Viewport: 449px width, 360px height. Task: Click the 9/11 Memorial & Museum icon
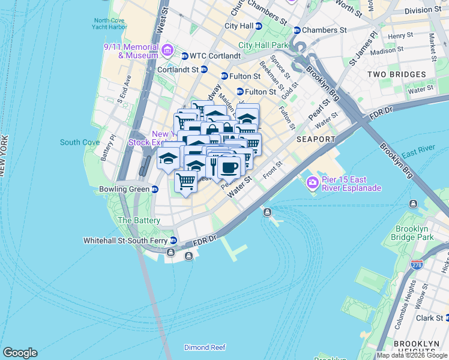pyautogui.click(x=167, y=50)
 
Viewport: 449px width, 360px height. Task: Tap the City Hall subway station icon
pyautogui.click(x=259, y=26)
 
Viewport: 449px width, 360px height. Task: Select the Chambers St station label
pyautogui.click(x=324, y=30)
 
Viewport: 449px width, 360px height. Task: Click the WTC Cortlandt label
pyautogui.click(x=215, y=56)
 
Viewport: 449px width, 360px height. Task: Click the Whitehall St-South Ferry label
pyautogui.click(x=126, y=241)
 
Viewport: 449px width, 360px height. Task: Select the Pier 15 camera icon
pyautogui.click(x=312, y=182)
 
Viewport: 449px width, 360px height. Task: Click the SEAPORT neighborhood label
pyautogui.click(x=316, y=139)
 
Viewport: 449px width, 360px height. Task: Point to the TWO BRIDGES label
pyautogui.click(x=396, y=74)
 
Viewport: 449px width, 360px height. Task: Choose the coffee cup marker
pyautogui.click(x=229, y=166)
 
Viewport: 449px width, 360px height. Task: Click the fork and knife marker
pyautogui.click(x=212, y=166)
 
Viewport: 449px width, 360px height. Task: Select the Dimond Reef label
pyautogui.click(x=205, y=347)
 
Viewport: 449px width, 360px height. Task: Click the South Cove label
pyautogui.click(x=80, y=142)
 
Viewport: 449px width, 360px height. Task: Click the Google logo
pyautogui.click(x=20, y=353)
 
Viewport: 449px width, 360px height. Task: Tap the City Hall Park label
pyautogui.click(x=264, y=45)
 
